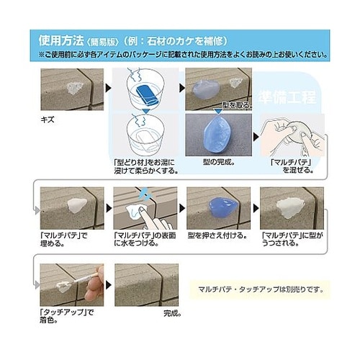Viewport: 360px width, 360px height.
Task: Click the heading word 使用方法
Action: pyautogui.click(x=58, y=38)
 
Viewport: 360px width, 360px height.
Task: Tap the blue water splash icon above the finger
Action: pyautogui.click(x=146, y=193)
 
